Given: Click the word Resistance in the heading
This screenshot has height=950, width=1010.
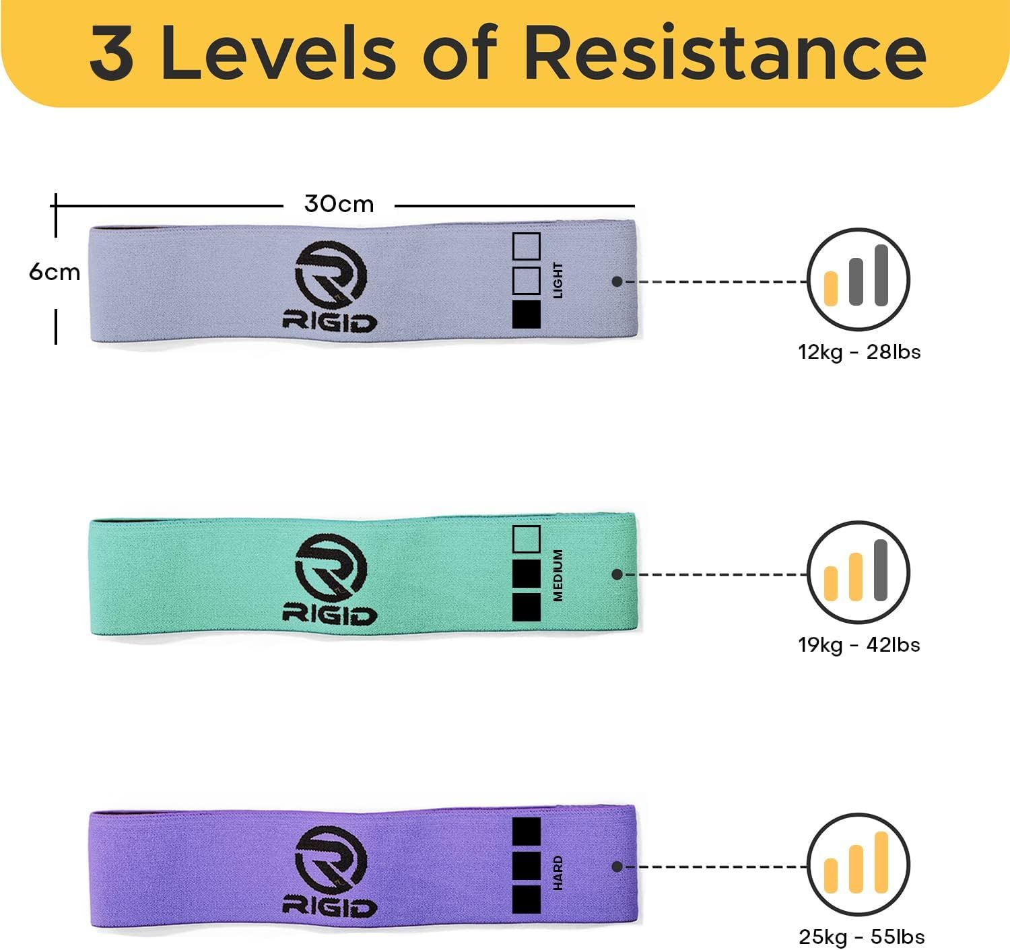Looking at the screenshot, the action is click(x=725, y=52).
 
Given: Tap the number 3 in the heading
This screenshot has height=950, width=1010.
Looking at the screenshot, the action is click(x=112, y=53).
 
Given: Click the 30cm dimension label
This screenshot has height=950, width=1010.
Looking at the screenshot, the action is click(x=339, y=204).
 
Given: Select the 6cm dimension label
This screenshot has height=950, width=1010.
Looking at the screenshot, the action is click(x=55, y=272).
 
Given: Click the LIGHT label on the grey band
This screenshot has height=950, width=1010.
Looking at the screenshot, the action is click(x=558, y=280).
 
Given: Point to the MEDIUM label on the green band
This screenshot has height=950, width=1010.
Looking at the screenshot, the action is click(x=558, y=575).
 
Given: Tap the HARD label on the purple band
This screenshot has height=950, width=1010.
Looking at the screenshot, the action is click(x=558, y=873).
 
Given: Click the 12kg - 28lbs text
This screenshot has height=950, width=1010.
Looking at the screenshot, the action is click(x=859, y=352).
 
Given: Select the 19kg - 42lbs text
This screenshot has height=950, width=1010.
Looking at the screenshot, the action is click(x=859, y=646).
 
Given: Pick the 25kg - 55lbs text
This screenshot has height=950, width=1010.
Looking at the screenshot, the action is click(x=861, y=937).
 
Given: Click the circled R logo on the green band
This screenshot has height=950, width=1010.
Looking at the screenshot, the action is click(x=331, y=569).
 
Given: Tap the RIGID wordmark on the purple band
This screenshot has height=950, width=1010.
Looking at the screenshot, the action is click(x=329, y=908).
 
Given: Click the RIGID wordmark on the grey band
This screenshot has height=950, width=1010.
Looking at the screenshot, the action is click(x=329, y=323).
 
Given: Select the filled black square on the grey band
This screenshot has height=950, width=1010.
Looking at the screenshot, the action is click(x=527, y=314).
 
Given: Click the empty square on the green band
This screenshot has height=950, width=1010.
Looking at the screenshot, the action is click(x=527, y=539).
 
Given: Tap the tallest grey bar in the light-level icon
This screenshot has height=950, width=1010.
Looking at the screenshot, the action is click(x=881, y=275).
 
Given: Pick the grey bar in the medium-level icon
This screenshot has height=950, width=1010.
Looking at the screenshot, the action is click(x=881, y=570).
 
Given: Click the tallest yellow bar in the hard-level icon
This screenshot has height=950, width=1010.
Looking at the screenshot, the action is click(x=881, y=862).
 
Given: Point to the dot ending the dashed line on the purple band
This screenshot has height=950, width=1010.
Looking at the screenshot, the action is click(x=617, y=867).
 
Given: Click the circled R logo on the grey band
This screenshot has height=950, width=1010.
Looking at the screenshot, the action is click(x=331, y=276).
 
